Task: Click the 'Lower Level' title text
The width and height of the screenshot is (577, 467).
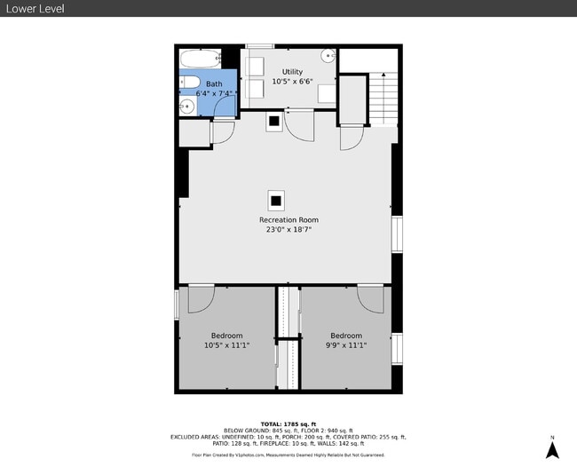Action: point(34,9)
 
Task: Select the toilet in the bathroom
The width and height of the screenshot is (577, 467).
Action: point(187,86)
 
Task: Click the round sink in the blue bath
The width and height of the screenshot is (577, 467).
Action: point(186,107)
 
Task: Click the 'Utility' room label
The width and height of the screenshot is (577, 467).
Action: point(292,72)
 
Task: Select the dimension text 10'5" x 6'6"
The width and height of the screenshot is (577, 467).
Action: point(292,82)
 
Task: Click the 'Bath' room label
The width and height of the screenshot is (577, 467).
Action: point(215,83)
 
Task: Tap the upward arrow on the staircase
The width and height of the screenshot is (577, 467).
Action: point(383,88)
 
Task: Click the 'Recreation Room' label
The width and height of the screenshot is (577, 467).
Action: point(288,219)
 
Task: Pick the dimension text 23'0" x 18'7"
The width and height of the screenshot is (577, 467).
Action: point(288,230)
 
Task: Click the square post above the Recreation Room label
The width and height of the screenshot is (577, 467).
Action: point(276,199)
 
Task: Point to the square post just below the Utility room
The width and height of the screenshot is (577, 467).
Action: point(274,122)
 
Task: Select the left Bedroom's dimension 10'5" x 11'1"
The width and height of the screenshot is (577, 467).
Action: point(226,345)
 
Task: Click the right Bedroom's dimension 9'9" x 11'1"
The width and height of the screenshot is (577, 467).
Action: point(346,345)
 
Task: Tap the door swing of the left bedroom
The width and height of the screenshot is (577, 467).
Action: point(200,297)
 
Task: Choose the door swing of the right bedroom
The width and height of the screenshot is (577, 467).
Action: point(370,297)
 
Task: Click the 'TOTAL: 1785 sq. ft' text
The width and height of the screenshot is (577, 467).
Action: point(288,423)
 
